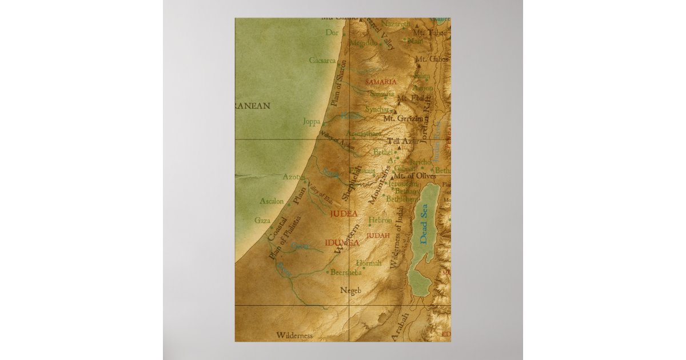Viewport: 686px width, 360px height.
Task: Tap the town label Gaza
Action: pos(262,220)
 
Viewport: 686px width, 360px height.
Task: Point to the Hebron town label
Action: pos(380,220)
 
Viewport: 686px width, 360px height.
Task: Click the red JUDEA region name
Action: pos(344,214)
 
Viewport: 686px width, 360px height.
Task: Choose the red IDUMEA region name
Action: pos(342,243)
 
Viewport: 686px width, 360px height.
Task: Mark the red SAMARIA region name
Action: pos(380,82)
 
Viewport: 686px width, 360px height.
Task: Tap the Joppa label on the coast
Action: pos(312,121)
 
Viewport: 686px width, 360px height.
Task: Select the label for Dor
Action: pos(332,33)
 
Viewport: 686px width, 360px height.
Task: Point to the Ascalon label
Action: pos(272,201)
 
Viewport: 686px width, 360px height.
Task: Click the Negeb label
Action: pos(351,290)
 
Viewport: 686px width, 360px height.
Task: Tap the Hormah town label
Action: pos(368,263)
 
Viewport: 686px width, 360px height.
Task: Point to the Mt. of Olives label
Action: pos(415,176)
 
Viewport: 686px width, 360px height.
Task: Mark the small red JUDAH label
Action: pos(378,235)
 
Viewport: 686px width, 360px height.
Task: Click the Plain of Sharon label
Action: pos(338,83)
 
